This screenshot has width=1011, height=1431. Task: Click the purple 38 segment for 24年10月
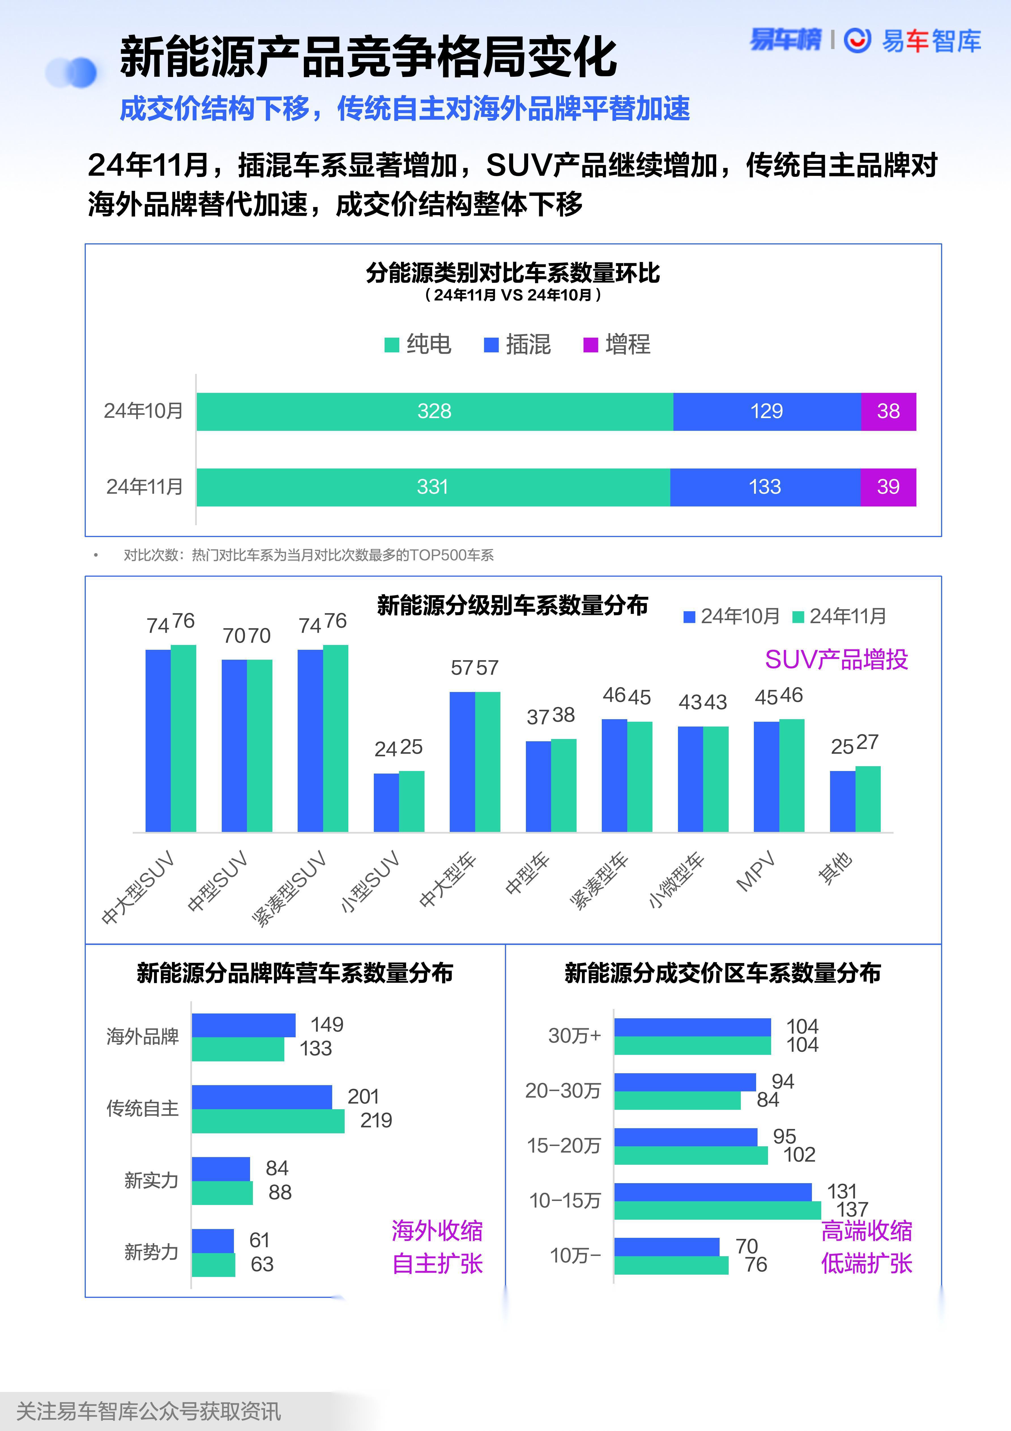point(888,411)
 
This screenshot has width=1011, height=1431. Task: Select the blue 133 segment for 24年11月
point(765,487)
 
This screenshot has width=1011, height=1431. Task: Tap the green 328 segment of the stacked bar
point(434,411)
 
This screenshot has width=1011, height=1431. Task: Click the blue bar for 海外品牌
point(243,1025)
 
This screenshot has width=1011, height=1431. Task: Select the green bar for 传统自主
point(268,1121)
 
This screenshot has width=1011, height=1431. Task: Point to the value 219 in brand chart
point(376,1121)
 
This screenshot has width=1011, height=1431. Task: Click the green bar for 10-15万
point(717,1210)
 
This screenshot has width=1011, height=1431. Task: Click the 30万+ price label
point(574,1036)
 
